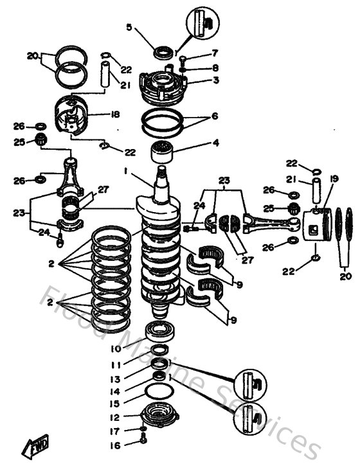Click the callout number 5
(129, 27)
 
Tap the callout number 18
(115, 114)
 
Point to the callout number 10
(115, 349)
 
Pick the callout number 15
(115, 404)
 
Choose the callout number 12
(115, 418)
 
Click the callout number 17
(115, 431)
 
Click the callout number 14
(115, 391)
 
